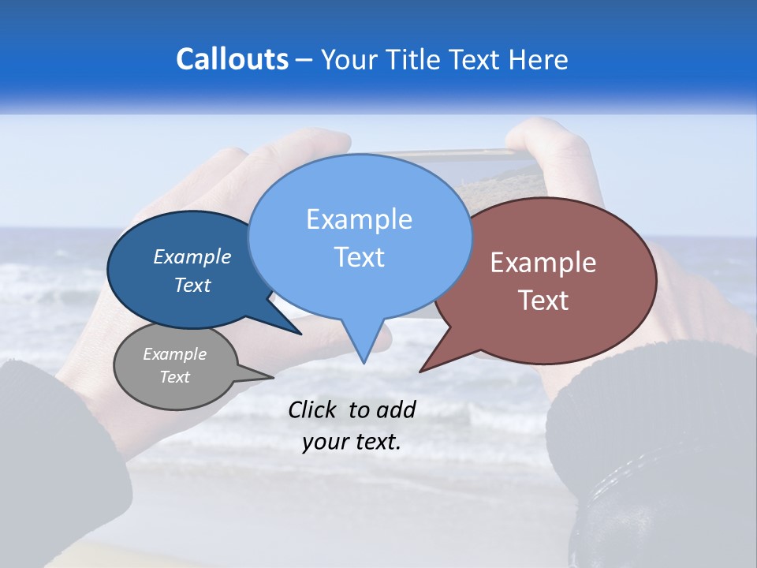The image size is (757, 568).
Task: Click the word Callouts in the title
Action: coord(232,59)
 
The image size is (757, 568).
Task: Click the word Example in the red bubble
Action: coord(543,263)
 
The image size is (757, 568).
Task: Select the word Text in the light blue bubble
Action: coord(359,257)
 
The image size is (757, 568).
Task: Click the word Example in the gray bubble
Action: coord(174,354)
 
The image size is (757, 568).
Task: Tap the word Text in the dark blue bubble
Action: coord(192,286)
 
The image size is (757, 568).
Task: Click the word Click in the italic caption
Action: coord(313,409)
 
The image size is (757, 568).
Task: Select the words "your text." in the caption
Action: coord(352,442)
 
